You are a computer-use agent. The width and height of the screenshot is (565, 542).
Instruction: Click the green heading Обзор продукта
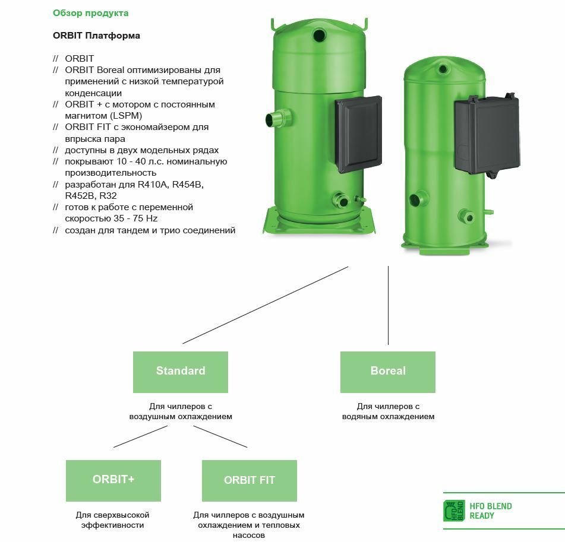(x=90, y=13)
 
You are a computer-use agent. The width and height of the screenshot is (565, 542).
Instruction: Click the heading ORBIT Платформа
(x=96, y=36)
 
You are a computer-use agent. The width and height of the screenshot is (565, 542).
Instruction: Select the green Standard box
(x=181, y=372)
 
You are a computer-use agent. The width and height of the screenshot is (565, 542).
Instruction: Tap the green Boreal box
(x=387, y=372)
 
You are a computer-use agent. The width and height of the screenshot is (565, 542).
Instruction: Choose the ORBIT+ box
(x=113, y=480)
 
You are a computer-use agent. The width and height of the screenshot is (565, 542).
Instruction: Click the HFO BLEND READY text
(x=490, y=511)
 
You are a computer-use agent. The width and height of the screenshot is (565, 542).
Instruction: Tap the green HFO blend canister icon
(x=454, y=511)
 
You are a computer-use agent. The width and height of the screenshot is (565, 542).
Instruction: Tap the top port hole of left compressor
(x=319, y=36)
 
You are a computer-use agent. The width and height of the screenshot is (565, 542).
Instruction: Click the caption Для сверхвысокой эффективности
(x=112, y=520)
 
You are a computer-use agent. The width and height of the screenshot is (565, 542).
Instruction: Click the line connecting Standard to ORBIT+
(x=140, y=436)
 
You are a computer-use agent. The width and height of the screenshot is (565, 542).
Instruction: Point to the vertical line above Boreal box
(x=388, y=305)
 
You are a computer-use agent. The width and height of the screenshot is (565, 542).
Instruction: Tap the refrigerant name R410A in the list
(x=154, y=185)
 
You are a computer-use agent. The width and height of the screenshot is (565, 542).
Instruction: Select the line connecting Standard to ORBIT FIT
(x=220, y=436)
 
